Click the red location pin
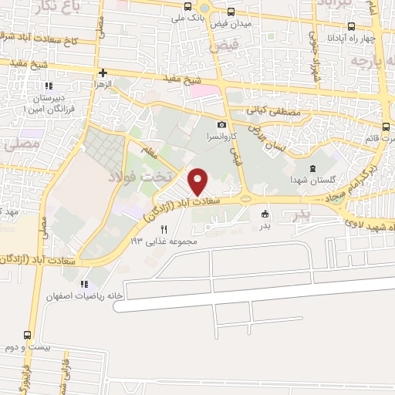[199, 181]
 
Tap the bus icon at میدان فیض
[232, 12]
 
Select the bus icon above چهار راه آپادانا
[352, 25]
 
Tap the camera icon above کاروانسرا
[222, 124]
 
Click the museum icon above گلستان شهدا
[312, 168]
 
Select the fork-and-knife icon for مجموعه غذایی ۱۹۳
[164, 229]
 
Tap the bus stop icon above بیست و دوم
[28, 336]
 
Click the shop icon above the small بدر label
[265, 214]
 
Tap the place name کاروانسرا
[221, 136]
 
